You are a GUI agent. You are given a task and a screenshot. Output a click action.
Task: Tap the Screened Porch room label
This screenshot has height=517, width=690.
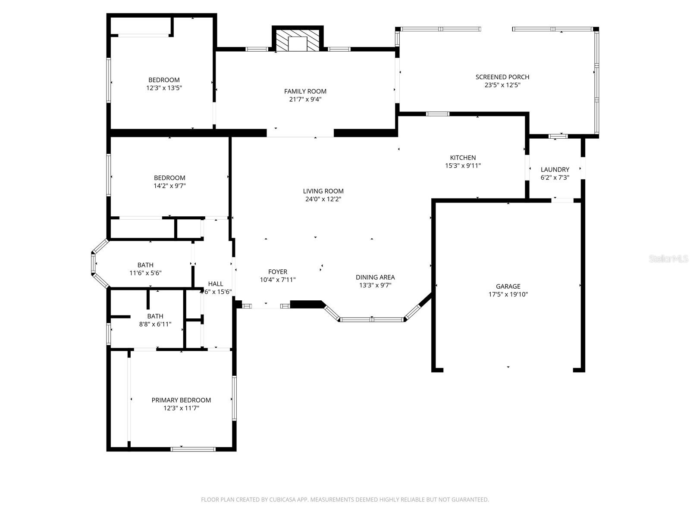pyautogui.click(x=502, y=77)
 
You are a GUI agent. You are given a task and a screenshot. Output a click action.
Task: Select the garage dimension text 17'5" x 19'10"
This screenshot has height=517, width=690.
pyautogui.click(x=508, y=295)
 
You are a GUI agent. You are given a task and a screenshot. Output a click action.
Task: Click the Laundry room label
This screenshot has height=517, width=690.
pyautogui.click(x=555, y=169)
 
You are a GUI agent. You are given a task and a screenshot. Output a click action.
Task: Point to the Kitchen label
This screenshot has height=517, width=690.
pyautogui.click(x=463, y=158)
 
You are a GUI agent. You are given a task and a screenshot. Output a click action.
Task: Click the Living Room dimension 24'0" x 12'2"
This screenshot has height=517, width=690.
pyautogui.click(x=323, y=199)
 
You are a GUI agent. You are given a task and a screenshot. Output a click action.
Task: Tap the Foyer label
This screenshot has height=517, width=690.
pyautogui.click(x=277, y=272)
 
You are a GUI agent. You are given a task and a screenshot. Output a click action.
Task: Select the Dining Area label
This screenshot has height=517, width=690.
pyautogui.click(x=375, y=277)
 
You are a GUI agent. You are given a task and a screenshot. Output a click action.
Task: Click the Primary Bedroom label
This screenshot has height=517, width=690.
pyautogui.click(x=181, y=400)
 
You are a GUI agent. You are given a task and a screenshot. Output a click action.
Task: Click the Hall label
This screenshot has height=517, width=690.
pyautogui.click(x=216, y=283)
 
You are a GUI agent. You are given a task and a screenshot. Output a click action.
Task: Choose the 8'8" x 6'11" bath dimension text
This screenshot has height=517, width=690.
pyautogui.click(x=155, y=324)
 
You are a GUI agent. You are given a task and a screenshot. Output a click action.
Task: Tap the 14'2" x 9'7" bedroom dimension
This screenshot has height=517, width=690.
pyautogui.click(x=169, y=186)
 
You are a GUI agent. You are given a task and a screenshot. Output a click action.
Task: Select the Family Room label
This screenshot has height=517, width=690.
pyautogui.click(x=305, y=91)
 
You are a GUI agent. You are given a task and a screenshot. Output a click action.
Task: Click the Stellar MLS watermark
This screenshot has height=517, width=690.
pyautogui.click(x=668, y=259)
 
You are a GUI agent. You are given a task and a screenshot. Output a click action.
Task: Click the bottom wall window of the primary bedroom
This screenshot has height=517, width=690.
pyautogui.click(x=193, y=449)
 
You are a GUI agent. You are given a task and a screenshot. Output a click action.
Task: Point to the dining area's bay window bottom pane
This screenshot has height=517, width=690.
pyautogui.click(x=372, y=320)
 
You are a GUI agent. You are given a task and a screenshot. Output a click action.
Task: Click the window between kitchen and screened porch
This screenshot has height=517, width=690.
pyautogui.click(x=437, y=114)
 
